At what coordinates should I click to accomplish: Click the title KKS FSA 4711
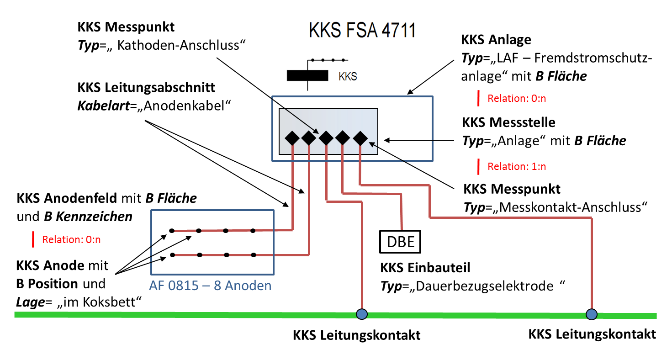pyautogui.click(x=362, y=31)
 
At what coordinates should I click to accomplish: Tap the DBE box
pyautogui.click(x=401, y=241)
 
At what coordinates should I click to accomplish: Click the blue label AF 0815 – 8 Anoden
pyautogui.click(x=210, y=286)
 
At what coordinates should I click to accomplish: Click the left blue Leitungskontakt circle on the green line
pyautogui.click(x=362, y=314)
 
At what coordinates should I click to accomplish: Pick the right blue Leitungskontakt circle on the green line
pyautogui.click(x=592, y=314)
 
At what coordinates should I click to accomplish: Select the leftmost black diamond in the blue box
pyautogui.click(x=292, y=138)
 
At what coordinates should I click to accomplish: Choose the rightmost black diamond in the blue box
pyautogui.click(x=360, y=138)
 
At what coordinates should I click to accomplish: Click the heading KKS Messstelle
pyautogui.click(x=509, y=122)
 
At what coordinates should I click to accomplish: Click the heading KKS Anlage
pyautogui.click(x=496, y=40)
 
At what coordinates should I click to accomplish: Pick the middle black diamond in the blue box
pyautogui.click(x=326, y=138)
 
